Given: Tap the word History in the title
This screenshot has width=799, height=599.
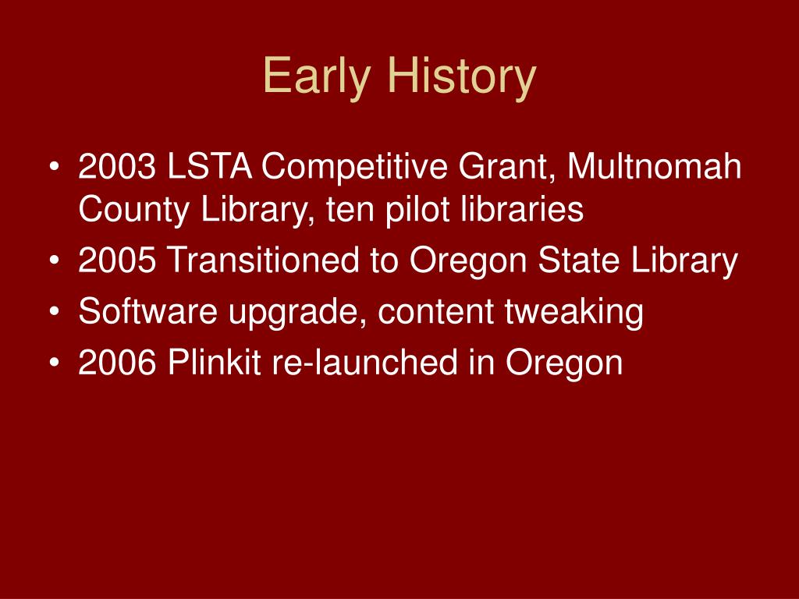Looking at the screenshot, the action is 462,76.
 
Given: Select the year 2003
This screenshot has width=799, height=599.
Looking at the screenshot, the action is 117,166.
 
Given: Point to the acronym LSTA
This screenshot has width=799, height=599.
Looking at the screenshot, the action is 209,166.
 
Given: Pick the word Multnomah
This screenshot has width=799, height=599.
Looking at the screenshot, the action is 655,166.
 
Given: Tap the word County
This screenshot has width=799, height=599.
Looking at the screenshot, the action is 134,210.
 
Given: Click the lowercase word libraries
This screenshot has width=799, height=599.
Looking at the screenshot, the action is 522,209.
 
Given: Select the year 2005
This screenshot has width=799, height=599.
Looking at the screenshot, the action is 117,260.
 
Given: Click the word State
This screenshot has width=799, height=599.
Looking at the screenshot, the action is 579,260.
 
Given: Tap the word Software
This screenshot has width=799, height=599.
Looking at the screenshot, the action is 147,311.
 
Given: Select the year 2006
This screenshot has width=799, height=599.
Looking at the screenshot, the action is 117,362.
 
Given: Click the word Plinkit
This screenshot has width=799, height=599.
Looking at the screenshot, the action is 214,362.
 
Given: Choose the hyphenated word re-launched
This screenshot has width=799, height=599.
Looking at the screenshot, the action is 365,362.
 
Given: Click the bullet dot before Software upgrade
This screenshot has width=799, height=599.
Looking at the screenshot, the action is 55,311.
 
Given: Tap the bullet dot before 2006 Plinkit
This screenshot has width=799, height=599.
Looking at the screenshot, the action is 55,362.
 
